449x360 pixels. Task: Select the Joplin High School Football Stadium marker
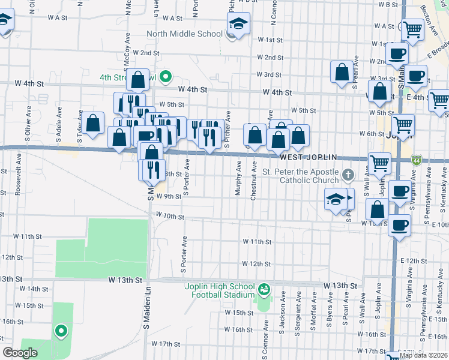point(263,290)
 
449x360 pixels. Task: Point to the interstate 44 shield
point(417,160)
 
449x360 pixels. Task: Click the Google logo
point(20,353)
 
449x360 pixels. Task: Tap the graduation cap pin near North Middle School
point(238,25)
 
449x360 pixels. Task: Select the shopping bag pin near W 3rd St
point(342,72)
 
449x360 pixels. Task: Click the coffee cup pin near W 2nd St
point(396,54)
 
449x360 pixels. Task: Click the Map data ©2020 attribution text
point(424,355)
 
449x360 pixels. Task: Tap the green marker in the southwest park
point(61,331)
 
